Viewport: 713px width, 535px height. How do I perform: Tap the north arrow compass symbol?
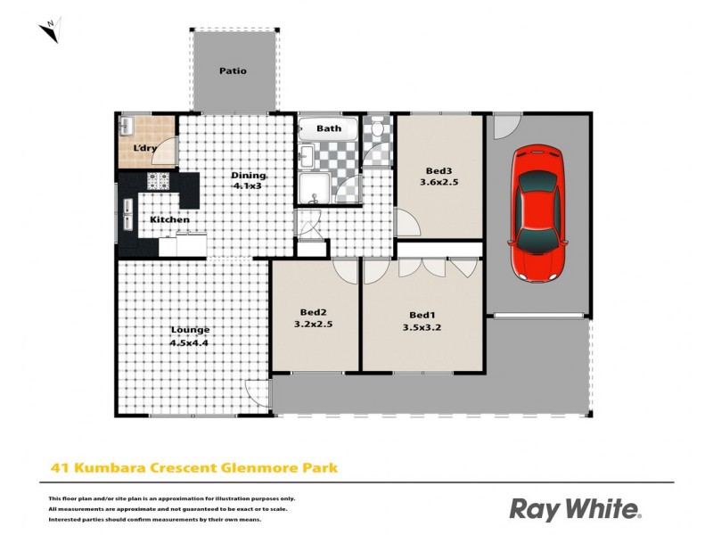pos(50,29)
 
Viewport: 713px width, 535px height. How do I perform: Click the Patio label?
pos(233,71)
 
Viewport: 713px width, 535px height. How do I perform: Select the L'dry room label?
pos(145,148)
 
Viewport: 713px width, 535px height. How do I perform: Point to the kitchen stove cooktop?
pos(159,181)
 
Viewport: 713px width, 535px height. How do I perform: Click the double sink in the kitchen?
pos(128,214)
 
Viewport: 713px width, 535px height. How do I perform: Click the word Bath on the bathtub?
pos(329,128)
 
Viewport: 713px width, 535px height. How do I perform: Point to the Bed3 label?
pos(438,171)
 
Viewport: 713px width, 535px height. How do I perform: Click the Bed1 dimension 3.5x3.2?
pos(422,326)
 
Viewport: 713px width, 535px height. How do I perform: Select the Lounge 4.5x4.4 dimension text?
pos(189,342)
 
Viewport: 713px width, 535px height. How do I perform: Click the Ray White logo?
pos(575,509)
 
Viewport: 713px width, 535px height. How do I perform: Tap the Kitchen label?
pos(169,219)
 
